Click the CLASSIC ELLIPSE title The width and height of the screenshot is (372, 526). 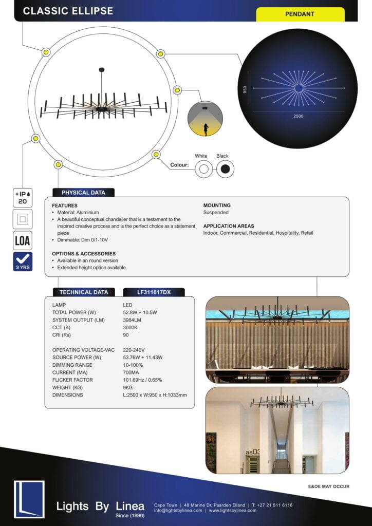[68, 11]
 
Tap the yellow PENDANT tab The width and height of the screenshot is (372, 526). [300, 14]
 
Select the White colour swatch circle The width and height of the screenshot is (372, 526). [203, 169]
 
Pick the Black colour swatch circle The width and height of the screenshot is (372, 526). [225, 169]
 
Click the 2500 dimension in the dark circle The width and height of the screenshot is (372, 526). [299, 116]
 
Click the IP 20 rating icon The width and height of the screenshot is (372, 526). [23, 198]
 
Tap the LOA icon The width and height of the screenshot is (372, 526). [23, 240]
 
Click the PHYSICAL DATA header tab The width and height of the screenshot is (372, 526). [83, 193]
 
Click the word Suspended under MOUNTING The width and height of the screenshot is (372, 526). [216, 212]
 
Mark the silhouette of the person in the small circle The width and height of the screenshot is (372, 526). [206, 129]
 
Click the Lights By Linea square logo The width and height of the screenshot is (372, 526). [29, 498]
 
